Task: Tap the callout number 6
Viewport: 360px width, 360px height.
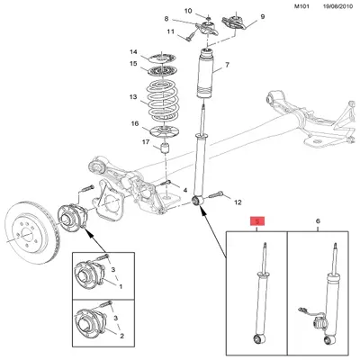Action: [x=317, y=220]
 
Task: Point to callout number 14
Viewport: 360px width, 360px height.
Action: [x=133, y=51]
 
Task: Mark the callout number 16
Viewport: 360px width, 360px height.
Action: [x=133, y=124]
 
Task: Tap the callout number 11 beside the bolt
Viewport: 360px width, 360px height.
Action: [x=168, y=33]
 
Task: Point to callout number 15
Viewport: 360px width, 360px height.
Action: [x=133, y=65]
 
